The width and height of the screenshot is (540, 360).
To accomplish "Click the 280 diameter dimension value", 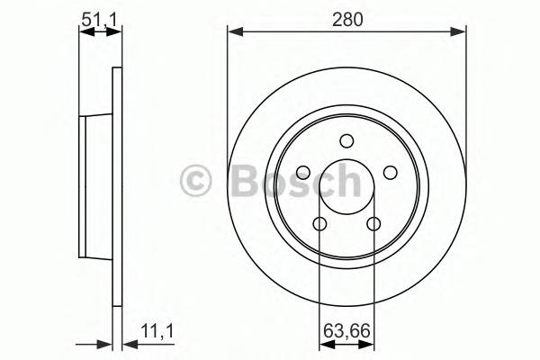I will pyautogui.click(x=346, y=17).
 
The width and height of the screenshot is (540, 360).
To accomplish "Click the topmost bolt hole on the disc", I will pyautogui.click(x=346, y=140).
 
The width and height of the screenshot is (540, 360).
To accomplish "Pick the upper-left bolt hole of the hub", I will pyautogui.click(x=303, y=173).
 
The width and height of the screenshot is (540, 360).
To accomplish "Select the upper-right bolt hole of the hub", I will pyautogui.click(x=390, y=173).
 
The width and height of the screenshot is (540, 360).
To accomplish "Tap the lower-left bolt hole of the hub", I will pyautogui.click(x=319, y=224).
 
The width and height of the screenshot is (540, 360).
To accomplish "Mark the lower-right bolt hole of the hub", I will pyautogui.click(x=373, y=224).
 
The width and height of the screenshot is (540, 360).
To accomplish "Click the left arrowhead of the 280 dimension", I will pyautogui.click(x=233, y=32).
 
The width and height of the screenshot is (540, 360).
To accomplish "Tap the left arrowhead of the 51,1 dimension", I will pyautogui.click(x=84, y=32).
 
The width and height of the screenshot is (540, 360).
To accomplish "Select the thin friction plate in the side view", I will pyautogui.click(x=115, y=185).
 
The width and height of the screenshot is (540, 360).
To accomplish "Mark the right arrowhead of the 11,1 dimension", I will pyautogui.click(x=125, y=343).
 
